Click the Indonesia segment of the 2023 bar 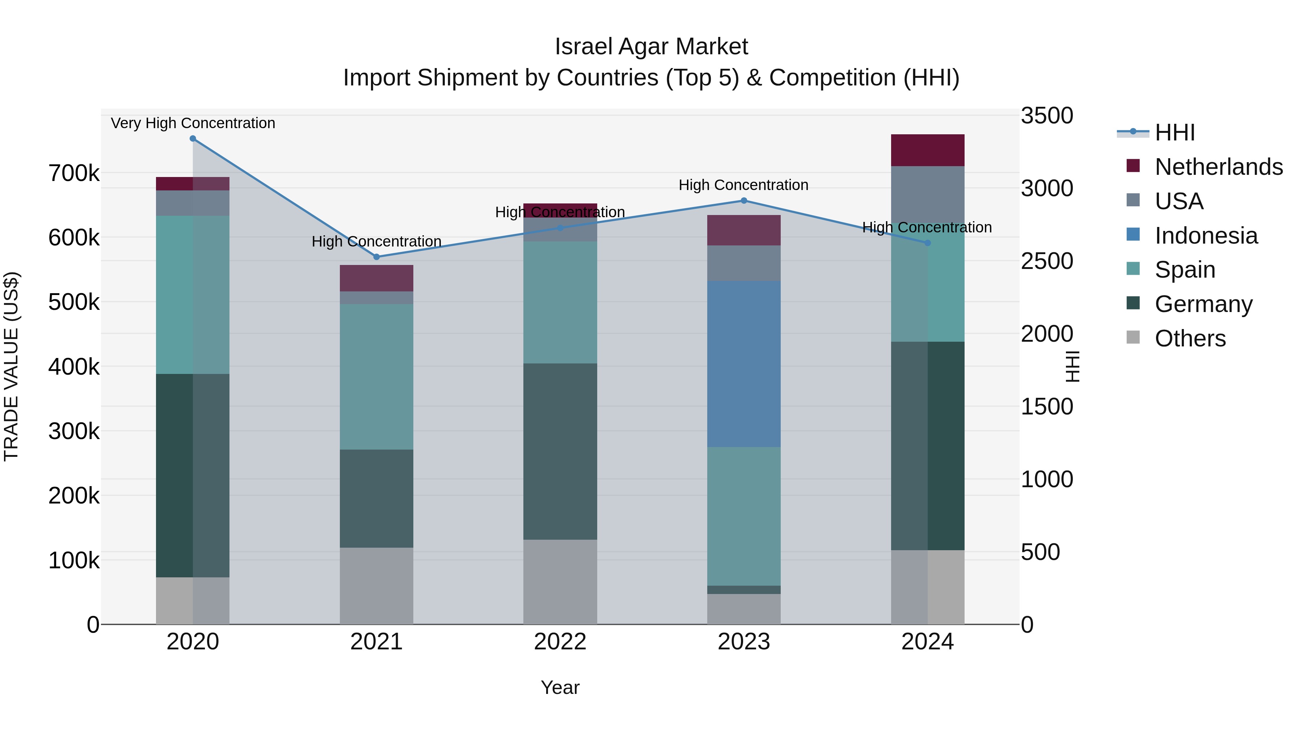click(x=743, y=364)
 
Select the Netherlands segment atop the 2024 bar click(x=927, y=150)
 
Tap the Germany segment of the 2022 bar click(x=560, y=451)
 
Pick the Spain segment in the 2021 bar click(x=376, y=376)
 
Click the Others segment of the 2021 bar click(x=376, y=585)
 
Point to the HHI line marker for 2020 click(x=193, y=139)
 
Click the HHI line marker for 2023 click(x=743, y=201)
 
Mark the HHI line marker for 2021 click(x=376, y=257)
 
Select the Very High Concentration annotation click(x=193, y=123)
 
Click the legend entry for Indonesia click(x=1206, y=236)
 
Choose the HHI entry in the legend click(x=1175, y=132)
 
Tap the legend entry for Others click(x=1190, y=338)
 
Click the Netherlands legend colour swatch click(x=1133, y=166)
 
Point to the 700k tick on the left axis click(x=74, y=173)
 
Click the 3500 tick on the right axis click(x=1046, y=115)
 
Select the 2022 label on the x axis click(x=560, y=642)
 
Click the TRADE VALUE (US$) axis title click(x=11, y=366)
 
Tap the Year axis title click(x=560, y=687)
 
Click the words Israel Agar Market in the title click(x=651, y=47)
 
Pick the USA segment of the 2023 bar click(x=743, y=263)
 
